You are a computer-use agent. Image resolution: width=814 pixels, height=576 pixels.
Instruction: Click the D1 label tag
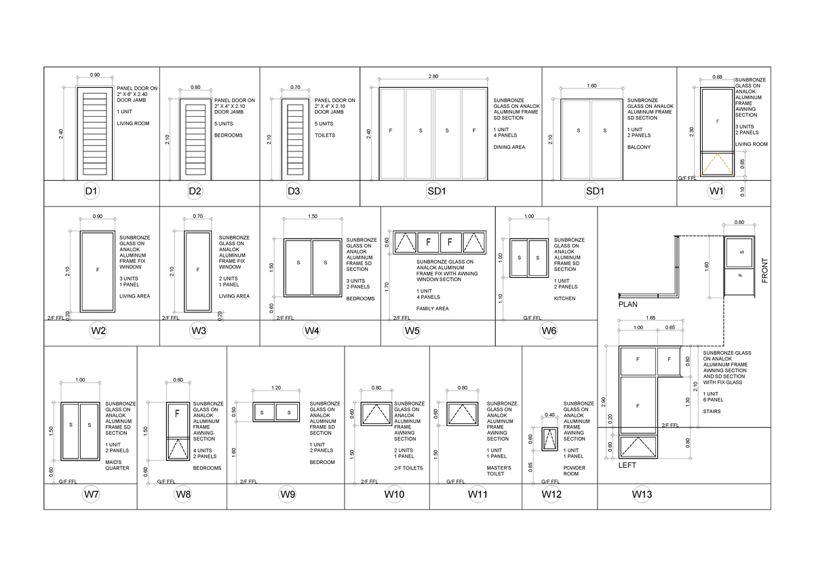[x=92, y=192]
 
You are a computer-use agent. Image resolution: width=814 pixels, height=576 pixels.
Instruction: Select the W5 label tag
[x=412, y=331]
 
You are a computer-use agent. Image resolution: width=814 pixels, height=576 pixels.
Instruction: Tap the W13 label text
[x=642, y=494]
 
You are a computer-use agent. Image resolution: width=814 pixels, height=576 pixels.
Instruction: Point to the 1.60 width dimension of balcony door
[x=592, y=87]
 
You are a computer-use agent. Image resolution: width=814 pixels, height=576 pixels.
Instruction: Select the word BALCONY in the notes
[x=639, y=147]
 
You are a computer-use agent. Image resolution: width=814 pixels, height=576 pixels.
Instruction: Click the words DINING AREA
[x=508, y=147]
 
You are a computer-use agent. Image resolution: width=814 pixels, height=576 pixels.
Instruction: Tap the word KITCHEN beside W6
[x=564, y=298]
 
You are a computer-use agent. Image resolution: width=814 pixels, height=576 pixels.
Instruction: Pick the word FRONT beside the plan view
[x=764, y=270]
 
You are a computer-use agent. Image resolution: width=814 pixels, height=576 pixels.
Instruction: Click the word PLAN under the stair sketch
[x=628, y=306]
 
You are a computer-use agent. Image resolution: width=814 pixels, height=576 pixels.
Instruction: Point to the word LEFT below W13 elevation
[x=627, y=467]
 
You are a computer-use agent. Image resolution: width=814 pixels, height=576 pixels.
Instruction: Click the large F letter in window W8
[x=177, y=412]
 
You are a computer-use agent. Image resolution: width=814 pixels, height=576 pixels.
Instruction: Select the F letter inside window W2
[x=97, y=270]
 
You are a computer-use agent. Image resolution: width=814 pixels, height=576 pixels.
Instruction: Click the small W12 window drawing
[x=549, y=439]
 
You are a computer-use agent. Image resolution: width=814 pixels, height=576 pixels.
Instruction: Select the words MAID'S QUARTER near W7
[x=117, y=465]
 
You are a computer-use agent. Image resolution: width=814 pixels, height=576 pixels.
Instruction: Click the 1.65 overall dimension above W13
[x=650, y=318]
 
